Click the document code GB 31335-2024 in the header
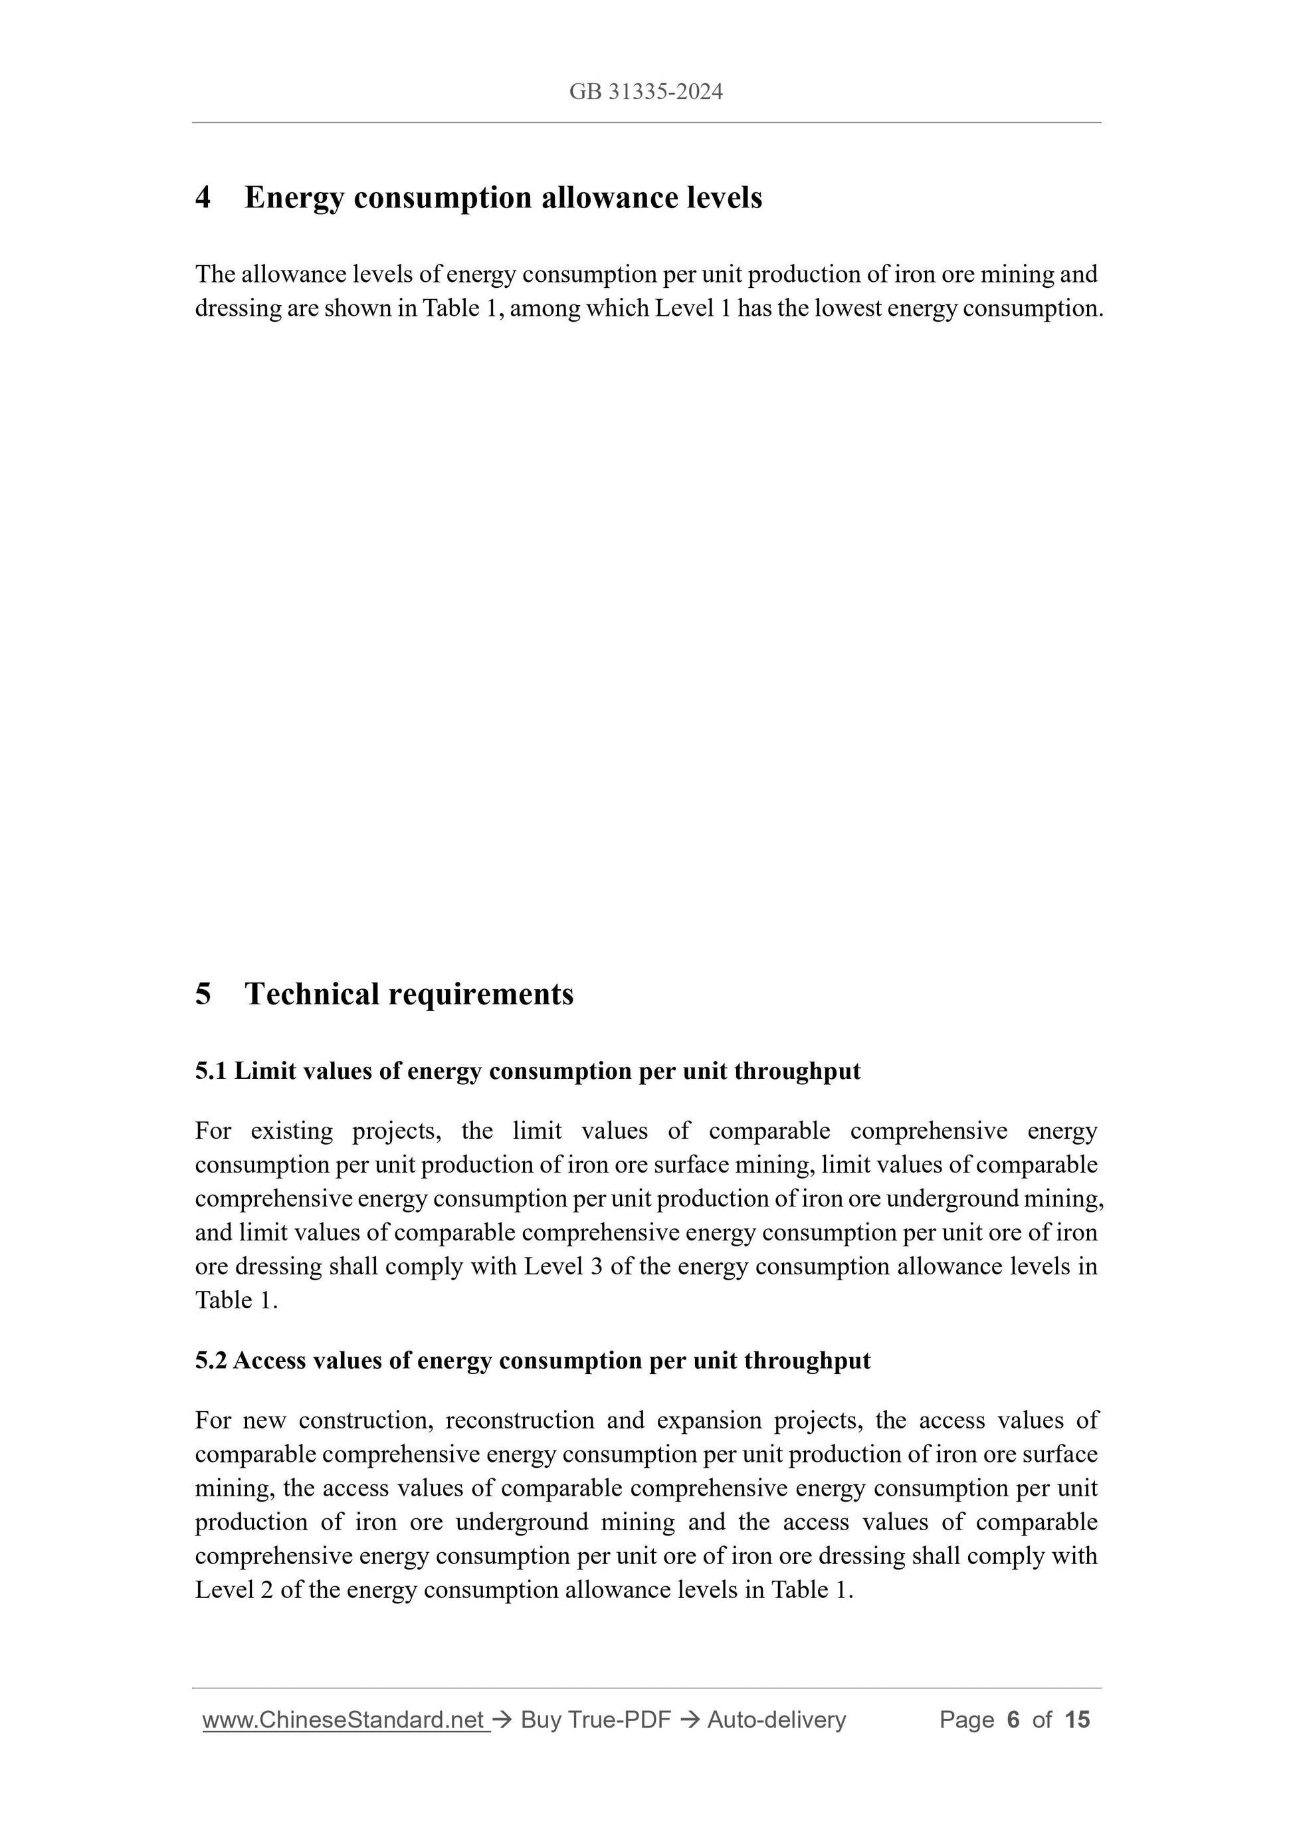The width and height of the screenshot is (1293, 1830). [x=645, y=92]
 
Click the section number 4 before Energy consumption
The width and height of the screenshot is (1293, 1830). [x=203, y=197]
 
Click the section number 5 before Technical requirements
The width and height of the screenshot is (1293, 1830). [x=203, y=994]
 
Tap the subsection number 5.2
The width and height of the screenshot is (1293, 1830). [x=211, y=1361]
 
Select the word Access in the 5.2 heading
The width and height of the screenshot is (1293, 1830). [x=269, y=1361]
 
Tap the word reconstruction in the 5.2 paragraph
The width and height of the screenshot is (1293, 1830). [x=520, y=1421]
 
